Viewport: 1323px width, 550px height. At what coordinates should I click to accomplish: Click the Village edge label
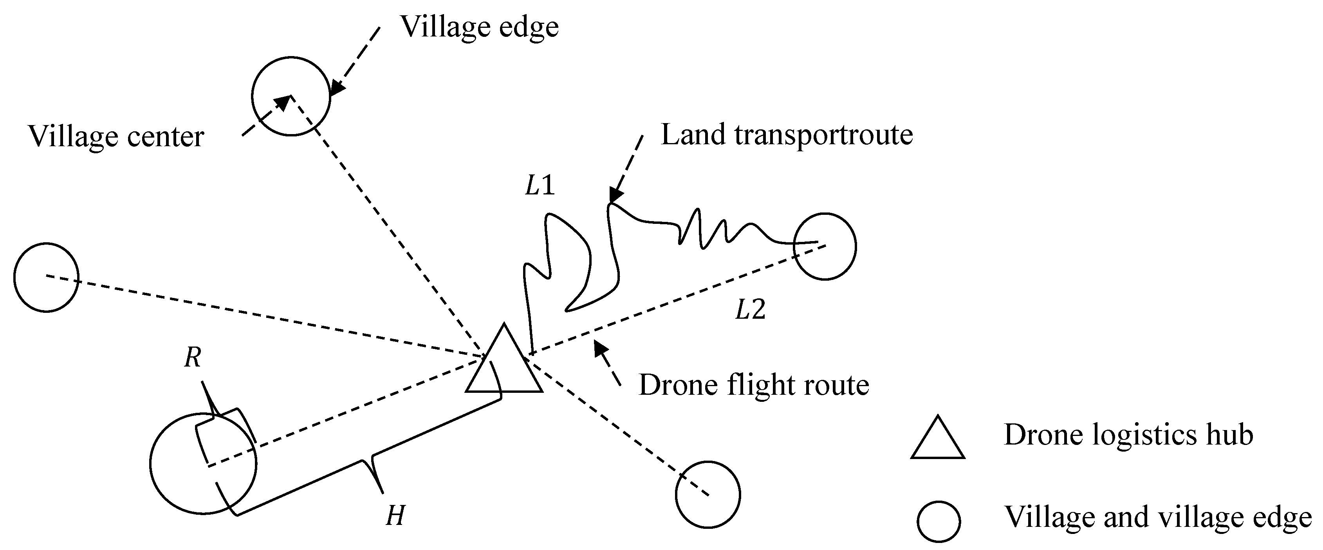click(x=479, y=27)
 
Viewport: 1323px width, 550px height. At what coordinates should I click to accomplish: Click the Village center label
click(x=116, y=137)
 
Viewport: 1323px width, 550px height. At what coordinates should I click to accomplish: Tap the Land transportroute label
click(x=786, y=135)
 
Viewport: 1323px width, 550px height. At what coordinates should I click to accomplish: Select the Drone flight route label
click(x=753, y=385)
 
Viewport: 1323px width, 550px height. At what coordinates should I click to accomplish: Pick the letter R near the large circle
click(x=193, y=358)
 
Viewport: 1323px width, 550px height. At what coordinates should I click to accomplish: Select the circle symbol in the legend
click(x=939, y=521)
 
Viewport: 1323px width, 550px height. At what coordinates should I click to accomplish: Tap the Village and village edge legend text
click(x=1158, y=517)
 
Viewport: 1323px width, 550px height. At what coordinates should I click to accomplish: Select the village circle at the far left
click(x=46, y=277)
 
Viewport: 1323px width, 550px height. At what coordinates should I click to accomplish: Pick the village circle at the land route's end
click(x=825, y=246)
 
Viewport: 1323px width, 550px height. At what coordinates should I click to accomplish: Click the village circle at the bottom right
click(x=708, y=494)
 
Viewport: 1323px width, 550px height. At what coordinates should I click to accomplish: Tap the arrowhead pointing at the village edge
click(x=336, y=89)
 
